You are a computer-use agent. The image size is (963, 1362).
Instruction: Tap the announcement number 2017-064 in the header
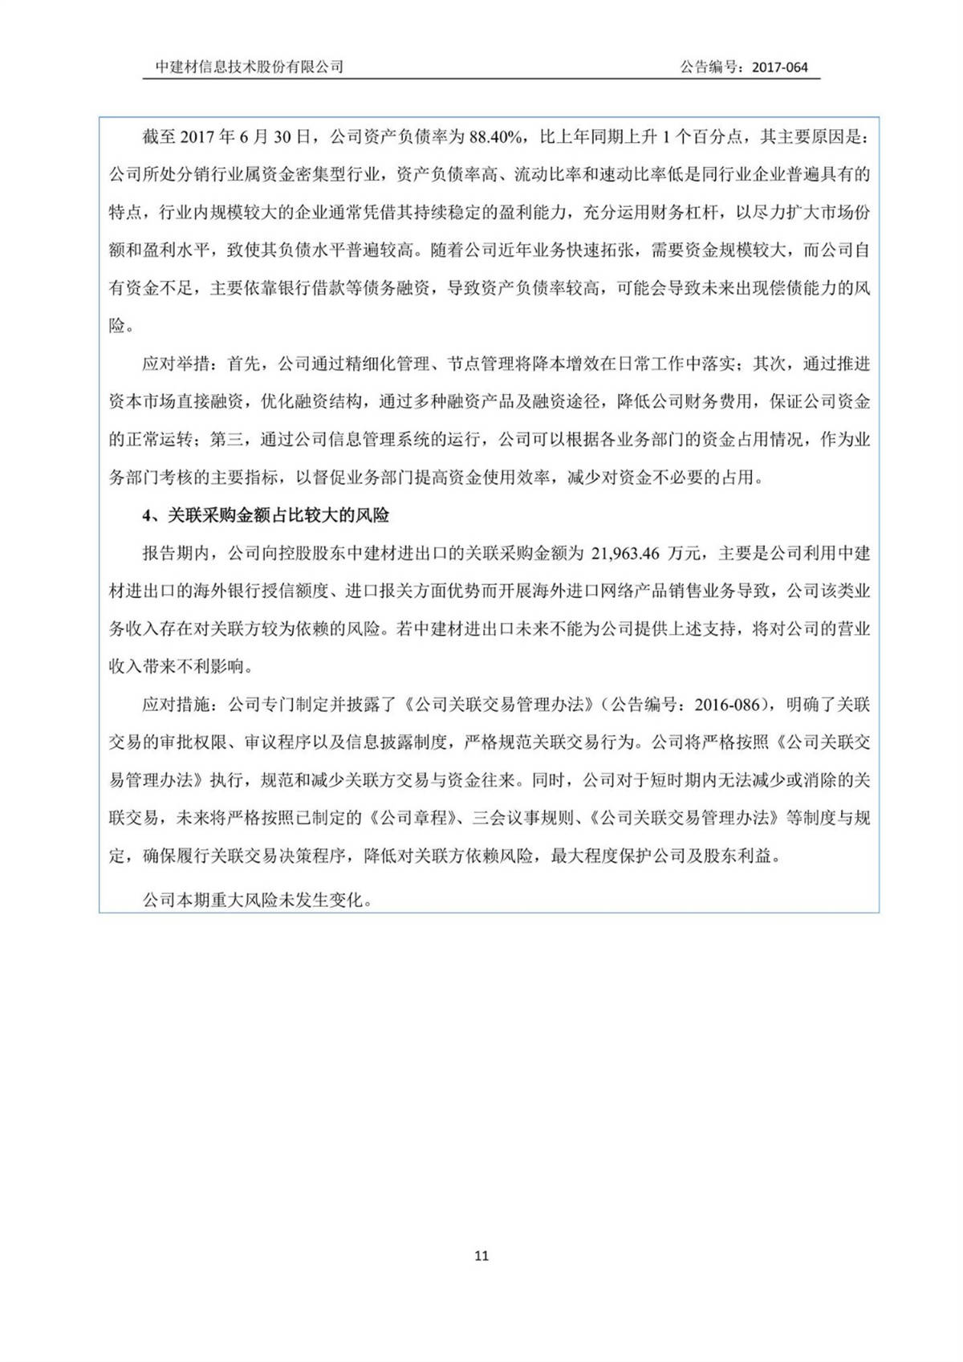coord(779,67)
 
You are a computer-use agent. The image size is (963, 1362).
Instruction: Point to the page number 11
coord(481,1255)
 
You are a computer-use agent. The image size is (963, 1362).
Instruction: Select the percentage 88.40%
coord(496,137)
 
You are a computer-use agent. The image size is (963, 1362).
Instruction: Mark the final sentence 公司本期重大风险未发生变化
coord(257,901)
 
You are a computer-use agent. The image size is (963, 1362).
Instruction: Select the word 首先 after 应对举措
coord(244,364)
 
